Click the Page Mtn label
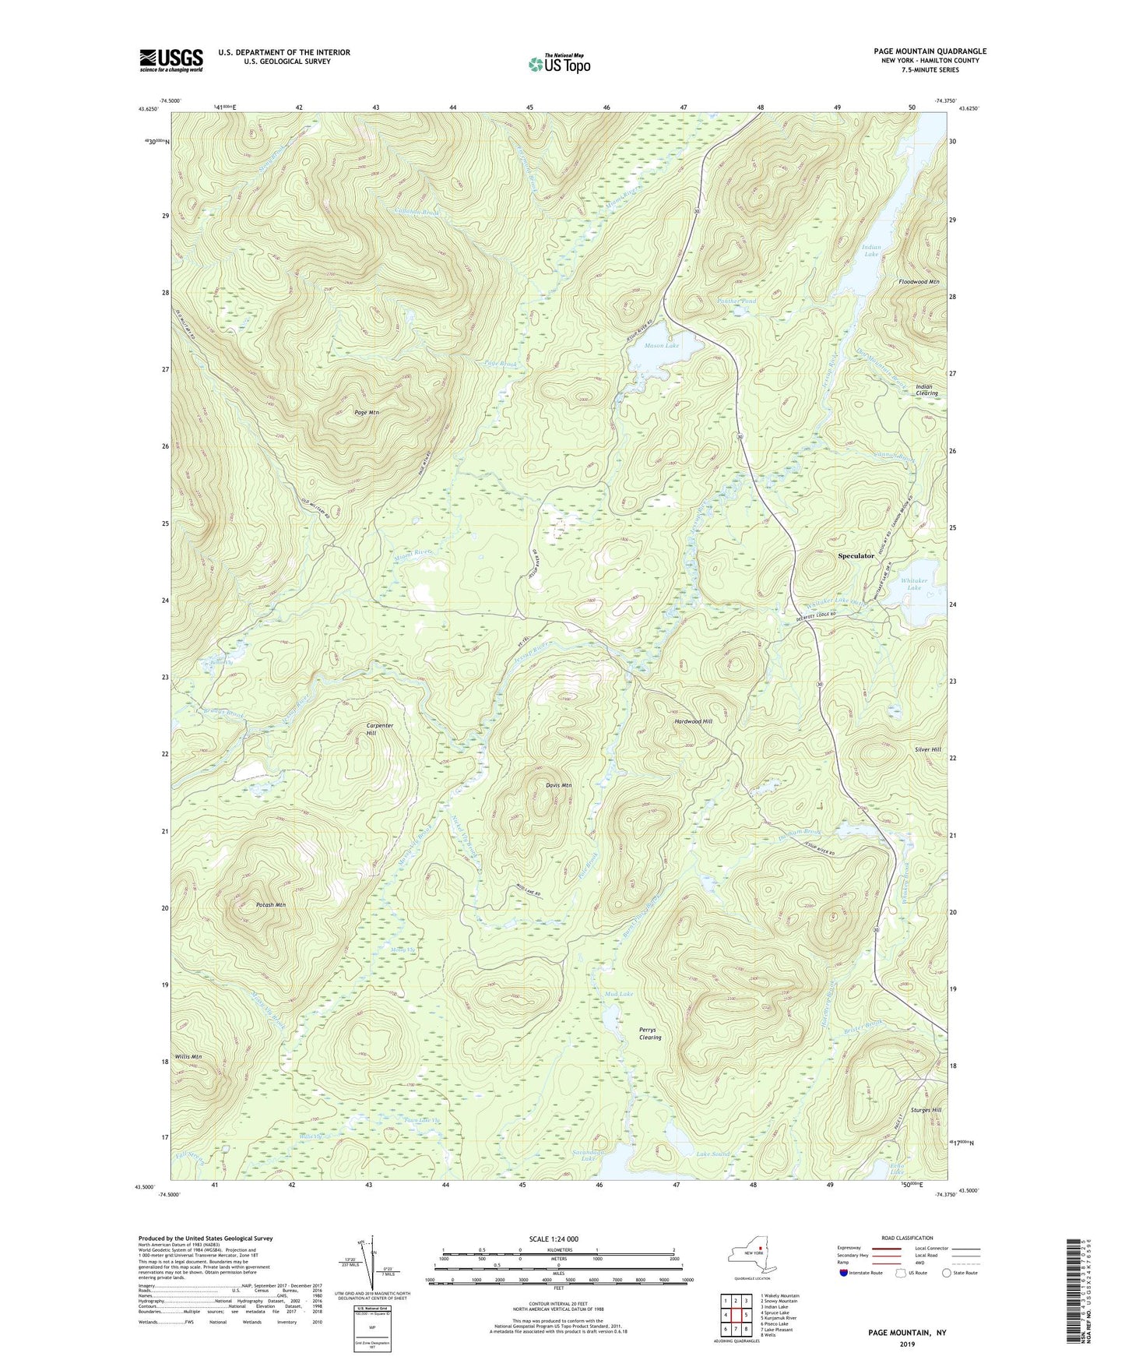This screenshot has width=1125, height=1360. point(366,412)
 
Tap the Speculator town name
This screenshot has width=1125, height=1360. point(856,556)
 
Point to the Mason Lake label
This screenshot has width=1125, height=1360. point(662,346)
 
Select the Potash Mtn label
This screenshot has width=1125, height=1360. point(271,905)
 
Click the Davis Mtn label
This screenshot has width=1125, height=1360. point(558,785)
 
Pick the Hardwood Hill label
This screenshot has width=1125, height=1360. point(693,721)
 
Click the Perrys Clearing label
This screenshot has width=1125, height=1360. point(650,1034)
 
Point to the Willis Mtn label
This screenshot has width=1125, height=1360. point(188,1057)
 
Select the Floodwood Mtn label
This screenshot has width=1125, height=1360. point(919,282)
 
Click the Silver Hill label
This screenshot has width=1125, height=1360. point(928,749)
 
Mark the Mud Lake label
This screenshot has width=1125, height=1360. point(619,995)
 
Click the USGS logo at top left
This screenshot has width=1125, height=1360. point(171,60)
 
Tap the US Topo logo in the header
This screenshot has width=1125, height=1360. point(558,64)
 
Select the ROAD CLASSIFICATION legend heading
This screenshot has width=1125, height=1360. point(908,1238)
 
